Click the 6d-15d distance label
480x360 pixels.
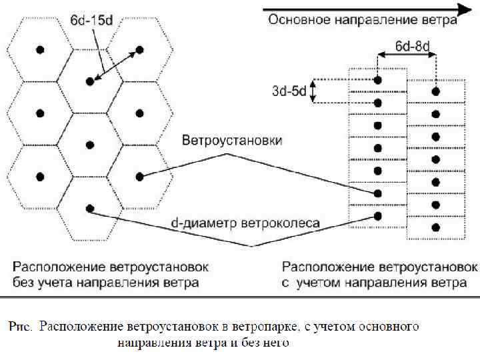coord(92,21)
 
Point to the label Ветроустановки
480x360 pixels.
coord(231,141)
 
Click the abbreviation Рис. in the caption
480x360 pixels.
coord(21,327)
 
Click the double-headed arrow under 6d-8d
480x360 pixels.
coord(406,57)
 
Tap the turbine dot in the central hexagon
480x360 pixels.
coord(90,145)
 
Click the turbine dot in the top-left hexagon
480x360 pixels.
coord(40,49)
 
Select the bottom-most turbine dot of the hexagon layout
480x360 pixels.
coord(90,207)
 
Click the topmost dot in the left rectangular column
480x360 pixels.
coord(378,80)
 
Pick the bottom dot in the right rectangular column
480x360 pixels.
coord(436,227)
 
